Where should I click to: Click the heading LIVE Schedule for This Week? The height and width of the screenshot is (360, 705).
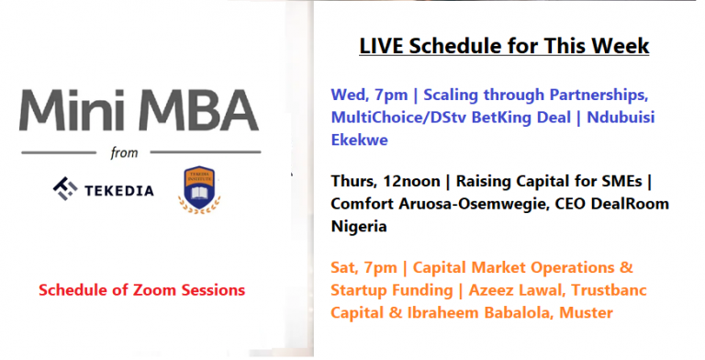[504, 46]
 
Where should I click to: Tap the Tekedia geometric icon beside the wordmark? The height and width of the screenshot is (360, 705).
[65, 189]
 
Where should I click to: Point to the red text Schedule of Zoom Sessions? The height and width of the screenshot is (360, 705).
[142, 289]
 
